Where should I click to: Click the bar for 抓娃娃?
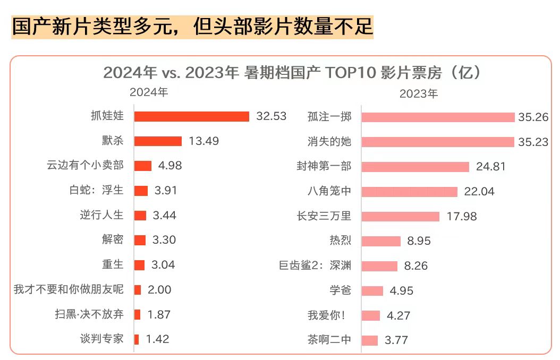[191, 116]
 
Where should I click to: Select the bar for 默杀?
[158, 141]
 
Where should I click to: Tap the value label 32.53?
[271, 116]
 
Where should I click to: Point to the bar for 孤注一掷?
[438, 117]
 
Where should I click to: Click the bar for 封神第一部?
[415, 167]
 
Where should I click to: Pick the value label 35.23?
[533, 142]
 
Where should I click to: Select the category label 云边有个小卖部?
[85, 165]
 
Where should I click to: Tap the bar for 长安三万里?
[401, 216]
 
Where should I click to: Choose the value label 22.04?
[479, 191]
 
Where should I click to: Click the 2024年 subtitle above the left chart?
[149, 92]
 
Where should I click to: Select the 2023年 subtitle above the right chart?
[419, 94]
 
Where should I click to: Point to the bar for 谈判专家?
[137, 339]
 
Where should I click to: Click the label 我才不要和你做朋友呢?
[69, 289]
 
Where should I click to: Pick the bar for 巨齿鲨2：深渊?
[379, 265]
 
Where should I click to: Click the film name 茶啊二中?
[329, 340]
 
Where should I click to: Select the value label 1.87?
[159, 314]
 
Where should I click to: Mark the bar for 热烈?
[381, 241]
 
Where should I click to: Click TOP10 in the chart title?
[350, 73]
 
